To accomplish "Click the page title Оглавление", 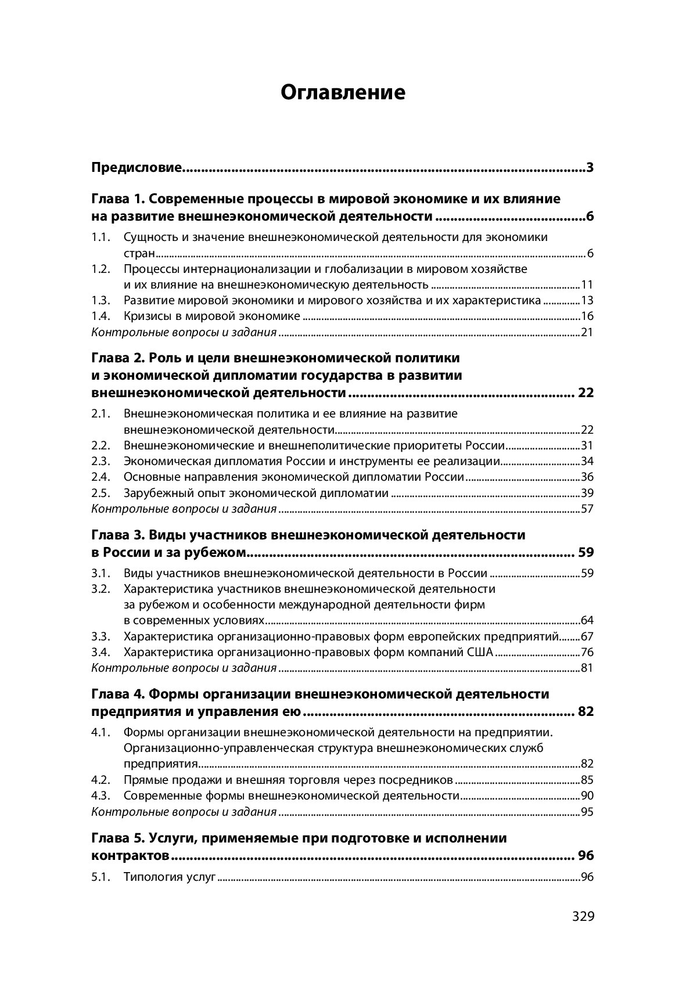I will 343,92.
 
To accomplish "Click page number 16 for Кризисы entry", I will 587,316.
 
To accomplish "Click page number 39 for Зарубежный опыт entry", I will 587,494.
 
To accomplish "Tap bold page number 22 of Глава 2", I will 586,393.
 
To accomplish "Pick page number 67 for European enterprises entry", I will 587,636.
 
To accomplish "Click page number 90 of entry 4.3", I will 587,796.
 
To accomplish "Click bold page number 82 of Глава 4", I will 586,712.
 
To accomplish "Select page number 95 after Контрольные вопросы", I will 587,812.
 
